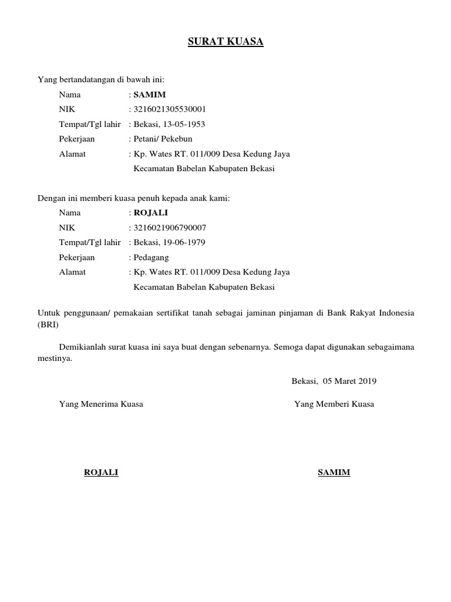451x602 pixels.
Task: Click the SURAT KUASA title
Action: (x=225, y=42)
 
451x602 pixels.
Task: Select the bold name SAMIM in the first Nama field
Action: (x=150, y=94)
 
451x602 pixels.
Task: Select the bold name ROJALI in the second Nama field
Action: (x=151, y=213)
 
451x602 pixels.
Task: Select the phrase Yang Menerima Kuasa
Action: (x=101, y=404)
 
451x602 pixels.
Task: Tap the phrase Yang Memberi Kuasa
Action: (x=334, y=404)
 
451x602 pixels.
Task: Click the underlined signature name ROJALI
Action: (x=101, y=473)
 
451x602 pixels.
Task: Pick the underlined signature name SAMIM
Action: (x=334, y=473)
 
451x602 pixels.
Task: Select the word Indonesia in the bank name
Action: (x=396, y=313)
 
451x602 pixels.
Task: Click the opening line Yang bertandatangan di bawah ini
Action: (x=101, y=79)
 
